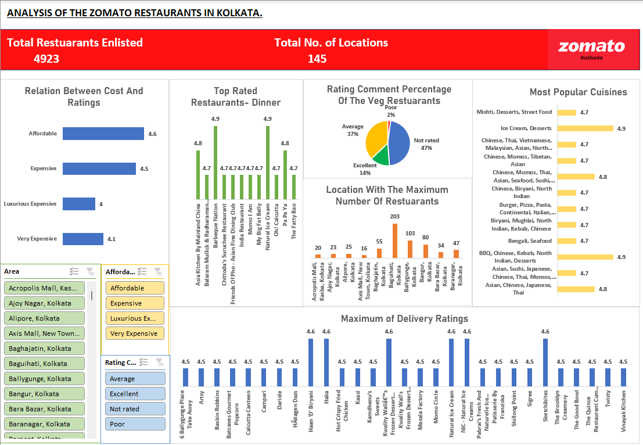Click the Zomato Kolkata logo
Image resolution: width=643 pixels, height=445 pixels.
pyautogui.click(x=591, y=50)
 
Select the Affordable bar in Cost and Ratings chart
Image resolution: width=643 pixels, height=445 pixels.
pyautogui.click(x=103, y=134)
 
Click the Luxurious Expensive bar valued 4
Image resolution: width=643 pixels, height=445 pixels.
pyautogui.click(x=78, y=204)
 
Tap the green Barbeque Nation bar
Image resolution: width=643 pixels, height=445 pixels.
pyautogui.click(x=215, y=163)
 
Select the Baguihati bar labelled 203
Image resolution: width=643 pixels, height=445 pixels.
pyautogui.click(x=395, y=241)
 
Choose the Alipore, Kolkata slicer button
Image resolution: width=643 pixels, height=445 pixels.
pyautogui.click(x=44, y=318)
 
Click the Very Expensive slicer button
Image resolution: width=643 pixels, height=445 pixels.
pyautogui.click(x=135, y=333)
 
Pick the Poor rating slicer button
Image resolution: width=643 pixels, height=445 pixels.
pyautogui.click(x=135, y=424)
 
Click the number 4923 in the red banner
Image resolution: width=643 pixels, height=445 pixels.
pyautogui.click(x=46, y=59)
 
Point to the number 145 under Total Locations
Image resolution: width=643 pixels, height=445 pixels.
pyautogui.click(x=317, y=59)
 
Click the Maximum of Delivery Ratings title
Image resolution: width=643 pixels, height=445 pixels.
pyautogui.click(x=404, y=318)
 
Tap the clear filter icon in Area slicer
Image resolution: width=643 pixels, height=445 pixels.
pyautogui.click(x=90, y=271)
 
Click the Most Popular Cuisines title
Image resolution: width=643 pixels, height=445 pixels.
pyautogui.click(x=578, y=92)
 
